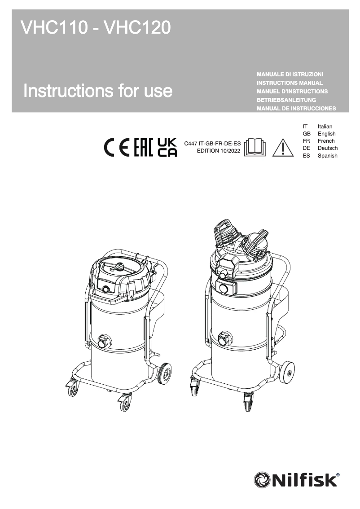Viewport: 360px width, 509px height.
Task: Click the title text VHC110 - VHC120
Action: click(x=96, y=28)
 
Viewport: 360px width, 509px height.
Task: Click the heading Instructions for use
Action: click(x=98, y=91)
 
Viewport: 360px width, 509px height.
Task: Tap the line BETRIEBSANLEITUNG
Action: click(x=286, y=100)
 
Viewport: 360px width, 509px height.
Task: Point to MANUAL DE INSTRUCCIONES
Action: click(x=296, y=109)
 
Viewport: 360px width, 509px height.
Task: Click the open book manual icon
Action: click(x=255, y=147)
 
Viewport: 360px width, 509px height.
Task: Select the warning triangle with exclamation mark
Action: click(x=282, y=147)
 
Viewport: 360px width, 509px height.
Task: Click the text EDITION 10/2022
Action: click(x=219, y=151)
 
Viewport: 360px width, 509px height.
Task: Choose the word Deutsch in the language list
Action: click(x=327, y=148)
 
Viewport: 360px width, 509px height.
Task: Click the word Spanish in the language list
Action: click(x=327, y=156)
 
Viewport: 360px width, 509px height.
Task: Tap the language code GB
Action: click(x=307, y=134)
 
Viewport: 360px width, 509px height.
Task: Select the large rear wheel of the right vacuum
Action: click(x=287, y=372)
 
